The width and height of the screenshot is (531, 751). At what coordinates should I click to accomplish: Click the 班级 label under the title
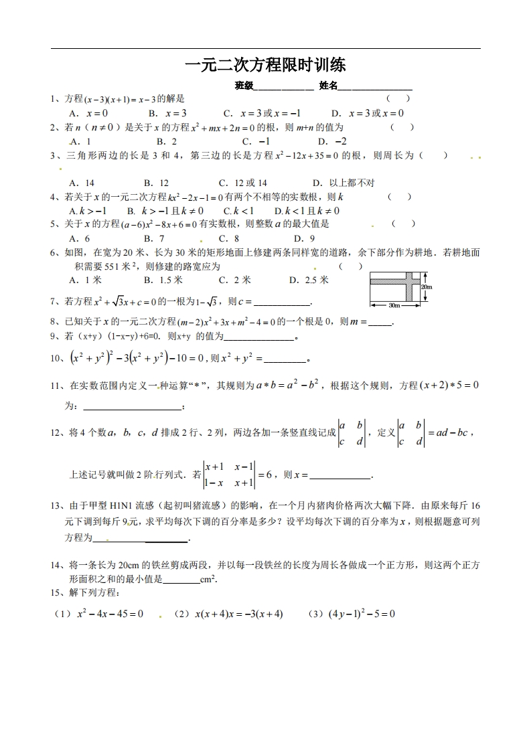click(244, 86)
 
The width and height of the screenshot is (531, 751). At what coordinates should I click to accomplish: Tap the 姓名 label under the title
click(329, 86)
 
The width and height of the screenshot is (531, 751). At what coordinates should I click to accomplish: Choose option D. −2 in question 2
click(332, 141)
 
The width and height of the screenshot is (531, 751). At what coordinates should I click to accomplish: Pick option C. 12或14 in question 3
click(243, 183)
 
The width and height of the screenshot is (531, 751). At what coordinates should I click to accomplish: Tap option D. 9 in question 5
click(304, 238)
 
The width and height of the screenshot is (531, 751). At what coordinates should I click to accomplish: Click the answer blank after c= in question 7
click(283, 302)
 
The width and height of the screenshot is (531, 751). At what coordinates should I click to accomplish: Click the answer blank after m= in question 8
click(380, 322)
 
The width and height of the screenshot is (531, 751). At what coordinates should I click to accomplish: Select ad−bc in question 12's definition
click(450, 432)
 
